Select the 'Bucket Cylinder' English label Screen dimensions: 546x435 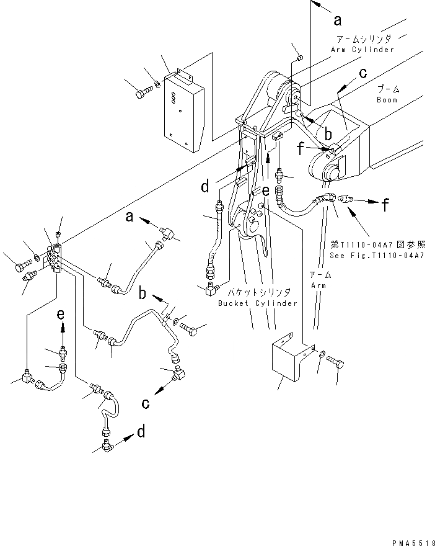pos(258,303)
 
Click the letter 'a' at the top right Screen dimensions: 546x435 pos(338,20)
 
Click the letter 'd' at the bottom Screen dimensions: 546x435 pos(141,431)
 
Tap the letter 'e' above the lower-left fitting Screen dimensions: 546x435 pos(61,315)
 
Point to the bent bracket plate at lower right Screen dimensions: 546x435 pos(287,360)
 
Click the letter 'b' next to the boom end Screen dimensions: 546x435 pos(329,133)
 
